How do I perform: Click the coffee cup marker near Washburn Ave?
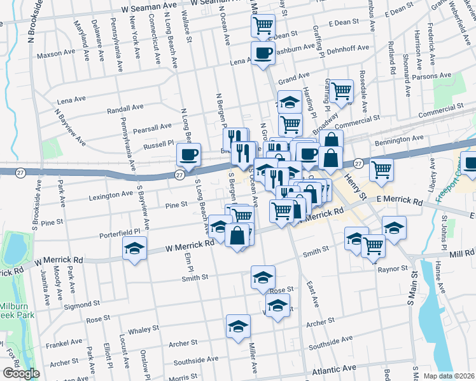pyautogui.click(x=263, y=53)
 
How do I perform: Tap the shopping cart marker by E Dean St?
pyautogui.click(x=263, y=26)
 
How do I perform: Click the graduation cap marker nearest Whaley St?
pyautogui.click(x=238, y=326)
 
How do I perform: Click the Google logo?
pyautogui.click(x=21, y=373)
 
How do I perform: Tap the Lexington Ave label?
pyautogui.click(x=94, y=195)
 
